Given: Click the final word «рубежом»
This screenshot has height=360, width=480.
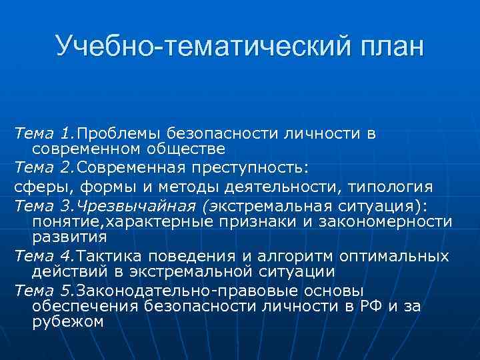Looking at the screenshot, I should coord(67,322).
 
